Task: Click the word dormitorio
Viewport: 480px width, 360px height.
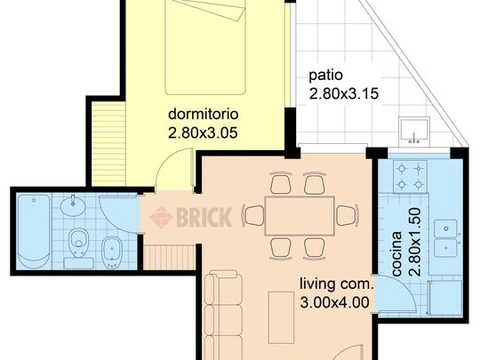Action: pyautogui.click(x=204, y=114)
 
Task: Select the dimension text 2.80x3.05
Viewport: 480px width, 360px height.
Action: pyautogui.click(x=203, y=133)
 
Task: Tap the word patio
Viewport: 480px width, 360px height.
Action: pyautogui.click(x=325, y=76)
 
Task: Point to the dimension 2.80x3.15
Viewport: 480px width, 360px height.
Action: pyautogui.click(x=344, y=94)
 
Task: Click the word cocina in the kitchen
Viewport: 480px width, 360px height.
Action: pyautogui.click(x=396, y=253)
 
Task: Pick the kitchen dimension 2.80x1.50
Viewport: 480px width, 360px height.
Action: pyautogui.click(x=415, y=242)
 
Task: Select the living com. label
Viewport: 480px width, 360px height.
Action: pyautogui.click(x=336, y=284)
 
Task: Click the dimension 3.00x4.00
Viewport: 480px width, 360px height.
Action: pyautogui.click(x=334, y=303)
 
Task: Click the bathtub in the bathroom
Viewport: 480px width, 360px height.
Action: pyautogui.click(x=34, y=231)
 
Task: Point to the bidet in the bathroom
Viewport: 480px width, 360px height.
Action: pyautogui.click(x=111, y=252)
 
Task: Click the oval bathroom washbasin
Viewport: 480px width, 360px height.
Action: pyautogui.click(x=73, y=205)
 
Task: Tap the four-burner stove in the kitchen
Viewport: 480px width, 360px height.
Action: pyautogui.click(x=410, y=177)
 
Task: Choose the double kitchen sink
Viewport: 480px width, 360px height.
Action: pyautogui.click(x=445, y=238)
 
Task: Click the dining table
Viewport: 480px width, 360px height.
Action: pyautogui.click(x=300, y=216)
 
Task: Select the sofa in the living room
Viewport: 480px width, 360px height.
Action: pyautogui.click(x=223, y=316)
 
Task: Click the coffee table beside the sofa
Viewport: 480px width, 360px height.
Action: pyautogui.click(x=281, y=317)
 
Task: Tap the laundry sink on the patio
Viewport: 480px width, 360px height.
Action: pyautogui.click(x=414, y=131)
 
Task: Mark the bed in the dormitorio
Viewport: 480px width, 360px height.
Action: pyautogui.click(x=205, y=47)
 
